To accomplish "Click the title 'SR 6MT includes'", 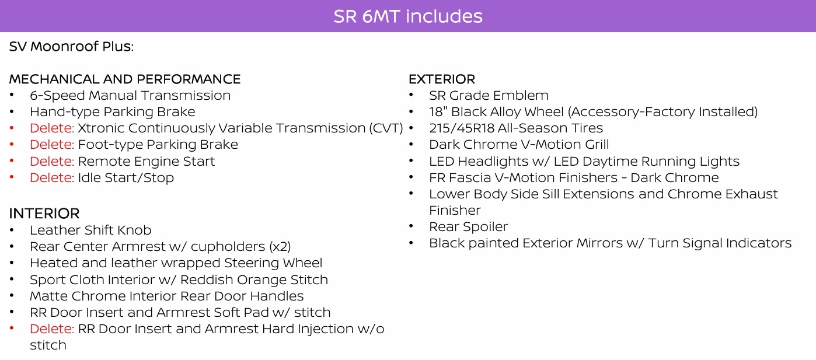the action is (x=408, y=16).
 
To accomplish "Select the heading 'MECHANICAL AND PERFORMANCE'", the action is (x=125, y=79).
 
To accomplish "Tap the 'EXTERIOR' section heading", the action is (x=441, y=79).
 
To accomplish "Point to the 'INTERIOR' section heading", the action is (x=44, y=214).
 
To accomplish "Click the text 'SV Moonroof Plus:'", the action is (x=71, y=46).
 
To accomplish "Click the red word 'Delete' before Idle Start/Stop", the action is (x=51, y=177).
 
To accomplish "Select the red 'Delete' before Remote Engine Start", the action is (x=51, y=161).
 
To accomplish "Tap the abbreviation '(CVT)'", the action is (x=386, y=128).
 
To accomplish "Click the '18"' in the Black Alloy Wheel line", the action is (x=438, y=112).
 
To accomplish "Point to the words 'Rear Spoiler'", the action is (x=469, y=227).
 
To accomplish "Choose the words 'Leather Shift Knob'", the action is (x=90, y=230).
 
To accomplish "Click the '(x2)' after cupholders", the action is (x=280, y=246).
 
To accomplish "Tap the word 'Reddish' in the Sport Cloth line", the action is (x=207, y=279).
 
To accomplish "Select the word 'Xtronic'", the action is (x=101, y=128).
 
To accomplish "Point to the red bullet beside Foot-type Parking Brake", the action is (x=12, y=145).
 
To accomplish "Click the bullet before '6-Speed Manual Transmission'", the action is (x=12, y=95).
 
